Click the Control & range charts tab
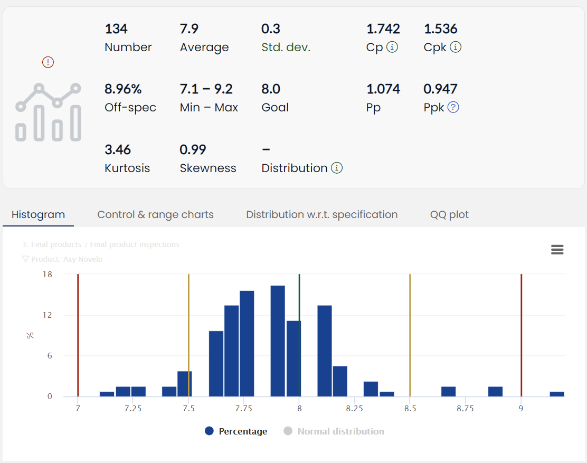coord(155,215)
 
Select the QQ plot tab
coord(449,215)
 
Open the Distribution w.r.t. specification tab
coord(321,215)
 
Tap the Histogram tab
coord(38,215)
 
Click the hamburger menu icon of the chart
coord(557,250)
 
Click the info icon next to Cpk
coord(456,47)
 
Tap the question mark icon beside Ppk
coord(453,107)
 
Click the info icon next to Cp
coord(392,47)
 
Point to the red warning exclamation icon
coord(48,62)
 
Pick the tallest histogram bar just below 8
coord(278,341)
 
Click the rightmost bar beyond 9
coord(557,394)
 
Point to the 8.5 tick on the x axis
coord(410,409)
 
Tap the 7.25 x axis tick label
coord(133,409)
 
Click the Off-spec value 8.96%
coord(123,89)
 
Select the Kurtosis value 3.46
coord(118,149)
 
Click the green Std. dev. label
coord(286,48)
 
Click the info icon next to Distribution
coord(337,168)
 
